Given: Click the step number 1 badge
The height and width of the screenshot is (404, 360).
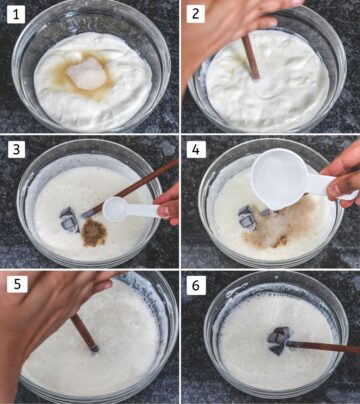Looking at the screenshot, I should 15,14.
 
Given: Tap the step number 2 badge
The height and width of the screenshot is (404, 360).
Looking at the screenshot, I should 196,14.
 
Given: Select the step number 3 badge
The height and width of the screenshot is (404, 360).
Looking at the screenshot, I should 15,149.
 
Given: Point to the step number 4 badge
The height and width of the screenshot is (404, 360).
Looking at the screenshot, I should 196,149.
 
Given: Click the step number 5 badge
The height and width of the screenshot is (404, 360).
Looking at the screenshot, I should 15,284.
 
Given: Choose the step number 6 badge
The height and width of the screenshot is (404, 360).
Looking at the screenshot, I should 196,284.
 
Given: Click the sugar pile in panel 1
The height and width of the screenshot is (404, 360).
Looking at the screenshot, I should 88,72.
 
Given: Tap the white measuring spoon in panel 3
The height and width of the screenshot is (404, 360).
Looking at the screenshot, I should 125,209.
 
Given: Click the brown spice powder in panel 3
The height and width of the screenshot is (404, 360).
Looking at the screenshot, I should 93,229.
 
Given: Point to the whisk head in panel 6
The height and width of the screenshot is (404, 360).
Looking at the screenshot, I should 277,342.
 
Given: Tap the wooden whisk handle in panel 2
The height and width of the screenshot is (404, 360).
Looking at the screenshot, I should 251,55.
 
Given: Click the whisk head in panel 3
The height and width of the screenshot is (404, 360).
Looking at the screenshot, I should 69,218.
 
